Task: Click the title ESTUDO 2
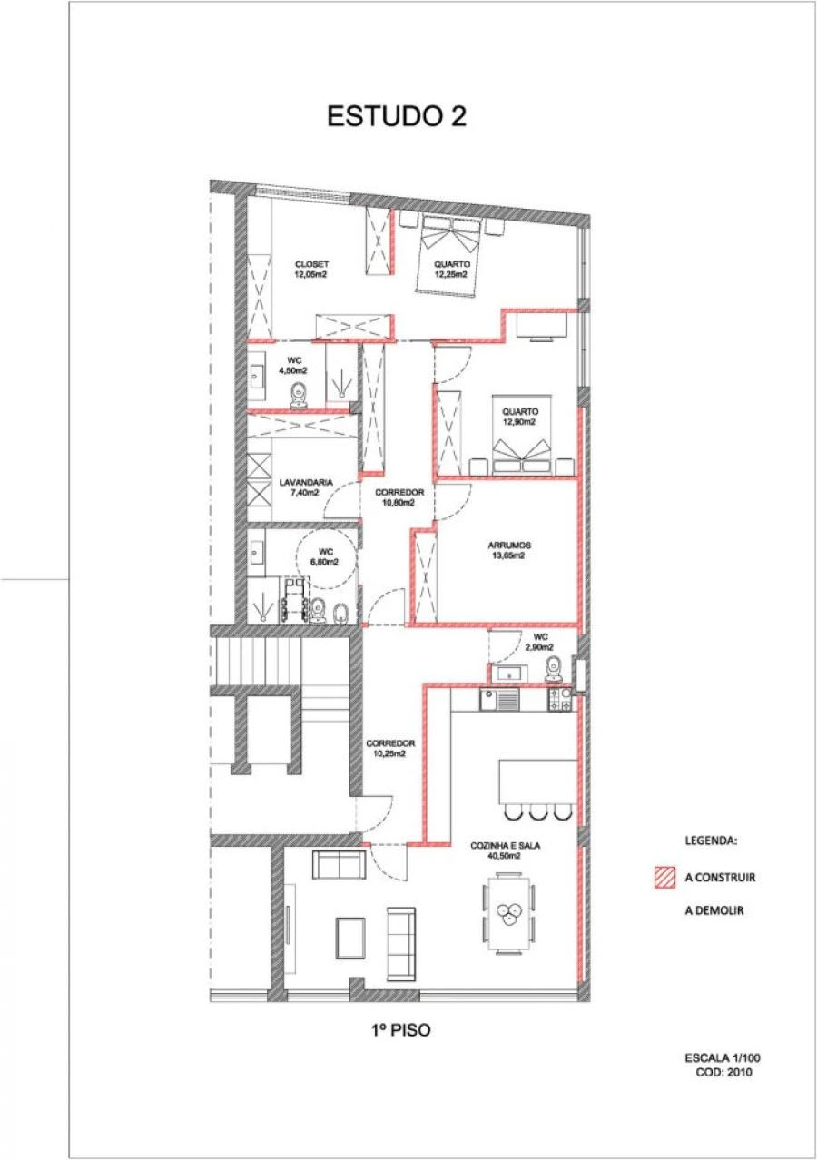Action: coord(396,116)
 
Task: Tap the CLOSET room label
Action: coord(310,269)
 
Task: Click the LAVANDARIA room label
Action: coord(305,487)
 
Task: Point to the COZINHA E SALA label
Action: coord(506,850)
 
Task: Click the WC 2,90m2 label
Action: coord(541,642)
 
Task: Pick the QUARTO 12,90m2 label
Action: coord(520,417)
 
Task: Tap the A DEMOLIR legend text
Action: coord(714,910)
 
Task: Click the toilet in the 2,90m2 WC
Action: coord(555,670)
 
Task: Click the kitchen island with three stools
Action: coord(537,782)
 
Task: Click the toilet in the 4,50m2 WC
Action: coord(300,393)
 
